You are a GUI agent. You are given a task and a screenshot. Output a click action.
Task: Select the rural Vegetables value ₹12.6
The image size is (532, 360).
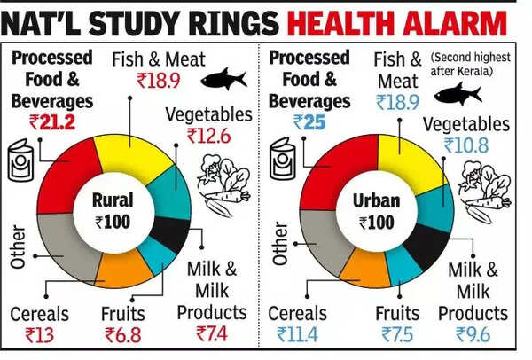coord(207,135)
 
